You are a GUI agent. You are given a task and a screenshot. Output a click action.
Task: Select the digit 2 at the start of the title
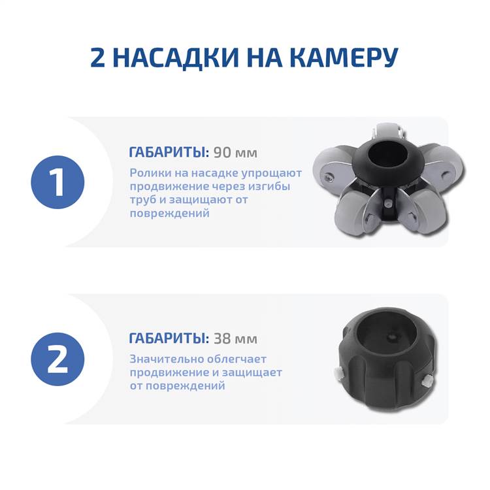pos(98,57)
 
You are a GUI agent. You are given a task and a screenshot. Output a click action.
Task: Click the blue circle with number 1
pos(57,182)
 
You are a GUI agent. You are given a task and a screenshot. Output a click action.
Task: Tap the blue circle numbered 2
pos(57,359)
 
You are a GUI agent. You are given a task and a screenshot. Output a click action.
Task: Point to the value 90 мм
pos(236,152)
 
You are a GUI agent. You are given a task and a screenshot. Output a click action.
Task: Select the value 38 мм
pos(236,338)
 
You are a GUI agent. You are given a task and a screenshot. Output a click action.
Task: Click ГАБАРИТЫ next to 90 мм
pos(169,152)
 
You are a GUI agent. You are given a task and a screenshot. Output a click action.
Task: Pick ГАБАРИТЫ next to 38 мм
pos(169,338)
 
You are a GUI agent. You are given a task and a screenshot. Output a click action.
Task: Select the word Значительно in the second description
pos(167,359)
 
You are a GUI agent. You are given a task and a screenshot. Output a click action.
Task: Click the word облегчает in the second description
pos(237,359)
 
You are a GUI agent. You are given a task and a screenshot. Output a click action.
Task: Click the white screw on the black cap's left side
pos(338,373)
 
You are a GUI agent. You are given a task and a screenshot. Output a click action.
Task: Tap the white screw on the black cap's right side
pos(426,382)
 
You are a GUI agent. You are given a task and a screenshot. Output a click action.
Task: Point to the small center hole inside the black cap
pos(391,338)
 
